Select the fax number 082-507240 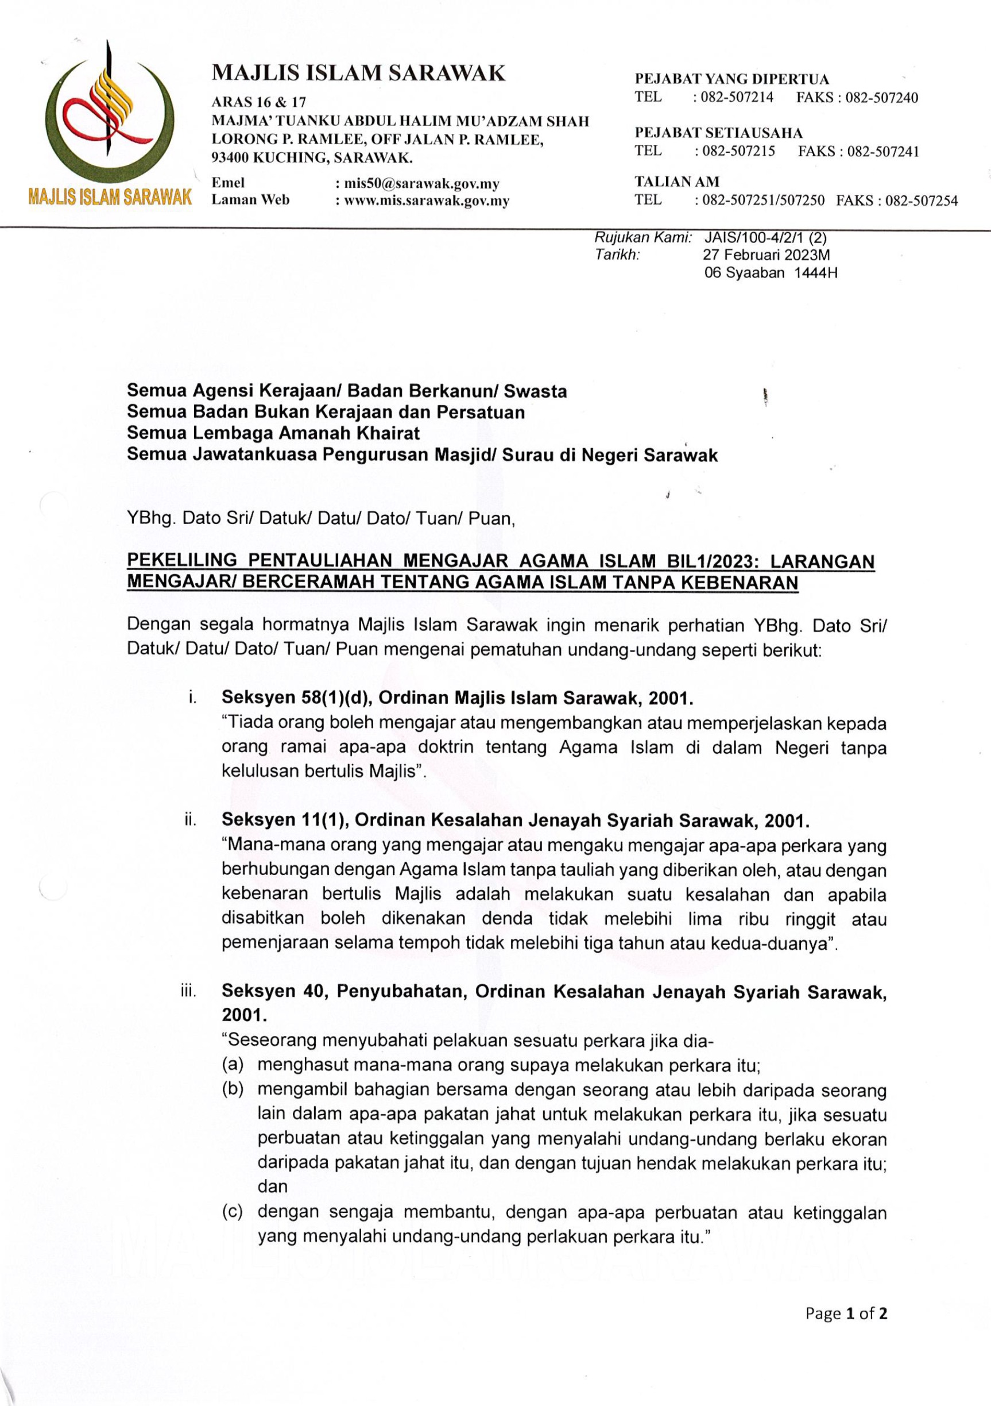(x=881, y=98)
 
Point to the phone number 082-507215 (x=738, y=151)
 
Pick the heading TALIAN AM (x=676, y=182)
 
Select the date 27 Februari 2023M (x=767, y=255)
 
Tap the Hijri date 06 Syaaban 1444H (x=770, y=273)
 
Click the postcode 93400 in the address (x=230, y=158)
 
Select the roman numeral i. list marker (x=192, y=698)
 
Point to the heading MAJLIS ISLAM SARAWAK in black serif (x=359, y=74)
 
